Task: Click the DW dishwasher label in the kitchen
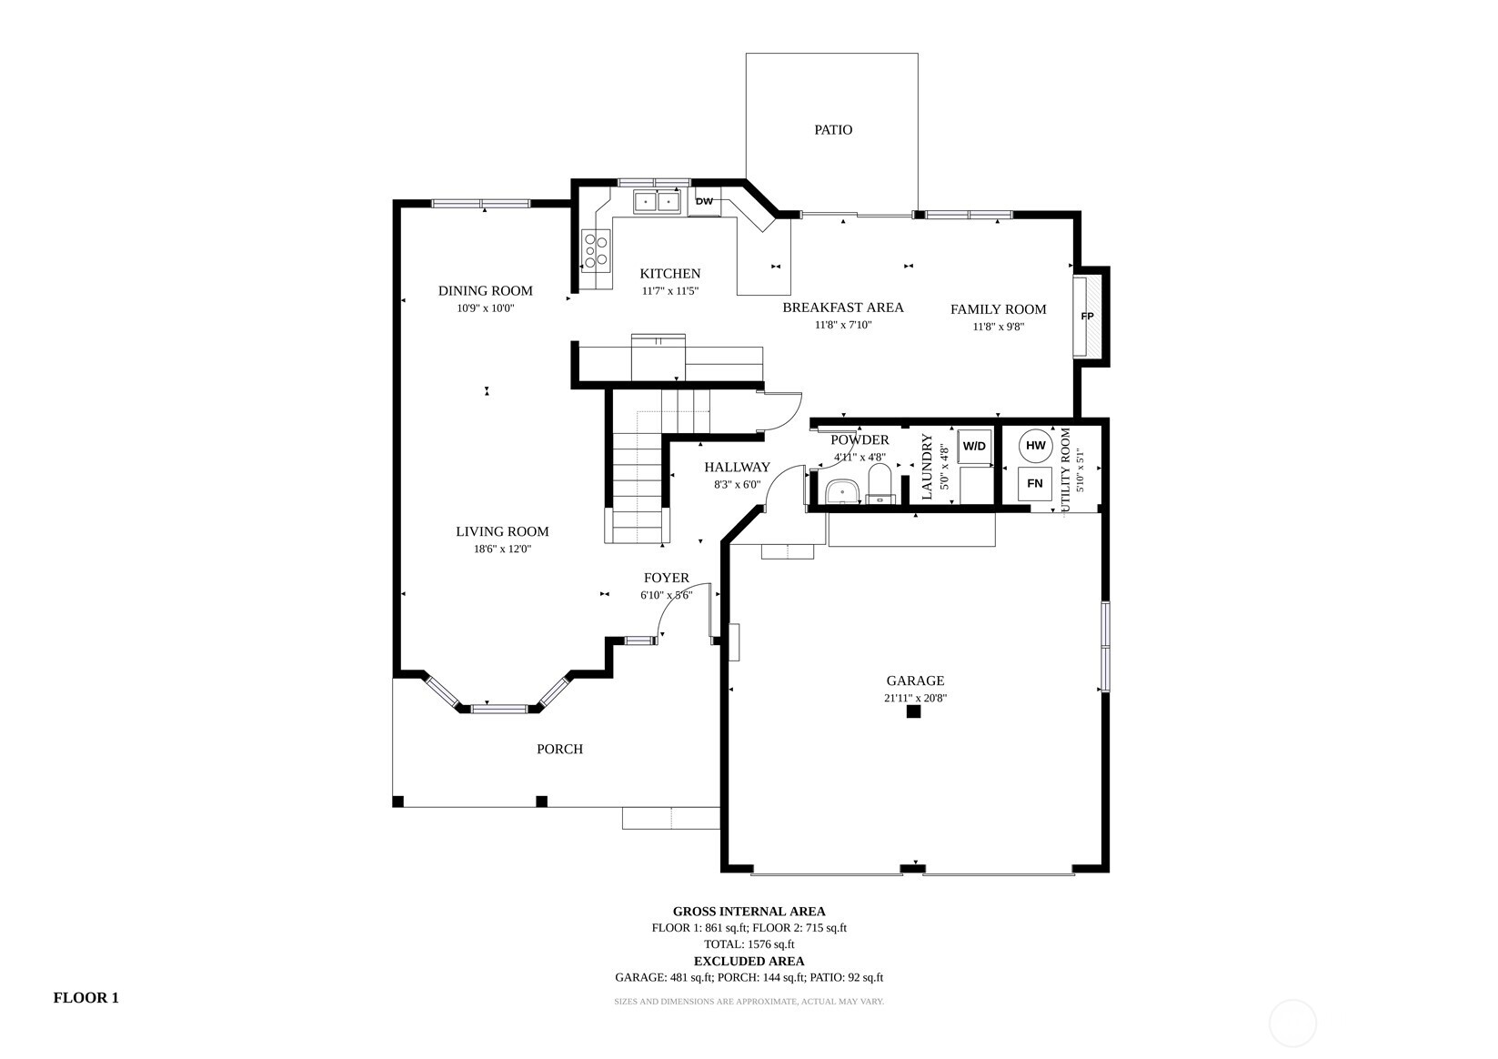704,201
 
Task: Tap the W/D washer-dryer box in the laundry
974,446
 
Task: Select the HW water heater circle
1036,446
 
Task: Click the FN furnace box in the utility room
1034,483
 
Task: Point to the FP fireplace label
1088,316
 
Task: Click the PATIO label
833,130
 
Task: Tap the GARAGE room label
915,681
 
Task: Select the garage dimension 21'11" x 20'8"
915,699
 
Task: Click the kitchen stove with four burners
596,250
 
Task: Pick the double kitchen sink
657,201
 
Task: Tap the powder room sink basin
842,491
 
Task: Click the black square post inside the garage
913,711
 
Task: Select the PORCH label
559,750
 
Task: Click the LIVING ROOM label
502,532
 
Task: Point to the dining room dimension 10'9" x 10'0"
486,308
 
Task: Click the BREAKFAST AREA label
842,308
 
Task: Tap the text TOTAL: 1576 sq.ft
749,944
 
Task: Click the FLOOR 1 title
86,998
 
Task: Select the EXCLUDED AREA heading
749,962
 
